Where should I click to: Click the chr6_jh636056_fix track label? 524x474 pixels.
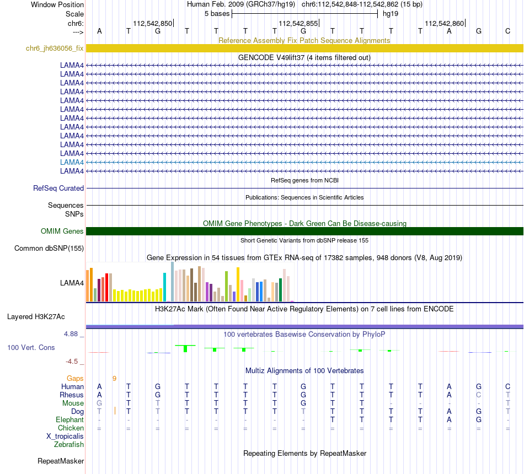(55, 49)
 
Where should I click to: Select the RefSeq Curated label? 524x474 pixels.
(58, 188)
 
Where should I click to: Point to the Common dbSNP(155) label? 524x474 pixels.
(49, 249)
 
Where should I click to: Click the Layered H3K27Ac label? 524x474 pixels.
(36, 317)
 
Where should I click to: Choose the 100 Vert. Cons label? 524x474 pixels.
(31, 348)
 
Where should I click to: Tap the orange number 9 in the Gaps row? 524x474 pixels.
(114, 379)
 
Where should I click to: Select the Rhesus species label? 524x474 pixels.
(72, 395)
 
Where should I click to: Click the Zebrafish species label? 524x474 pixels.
(69, 445)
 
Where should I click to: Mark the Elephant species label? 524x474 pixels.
(69, 420)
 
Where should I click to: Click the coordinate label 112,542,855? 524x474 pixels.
(298, 24)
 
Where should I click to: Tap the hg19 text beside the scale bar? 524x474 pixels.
(391, 13)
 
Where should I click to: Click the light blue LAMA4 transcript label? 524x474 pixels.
(72, 163)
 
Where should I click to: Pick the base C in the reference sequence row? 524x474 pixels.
(507, 31)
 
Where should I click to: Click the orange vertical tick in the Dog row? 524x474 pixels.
(115, 411)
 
